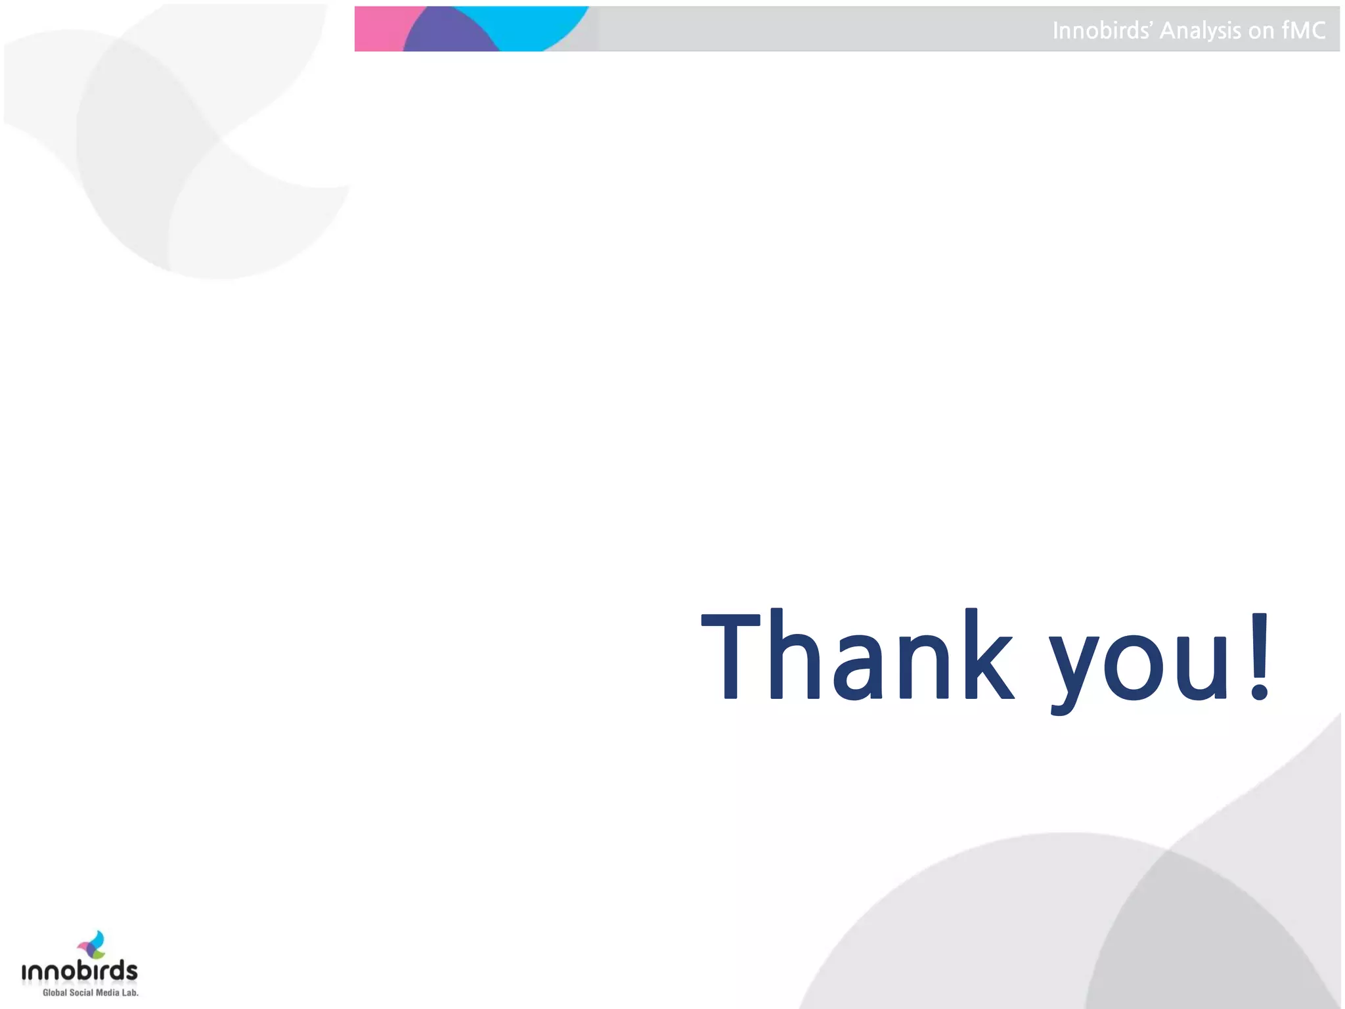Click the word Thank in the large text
point(857,657)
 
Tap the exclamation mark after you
point(1259,657)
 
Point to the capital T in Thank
point(730,657)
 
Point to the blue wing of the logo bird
point(99,938)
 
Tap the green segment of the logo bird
point(99,953)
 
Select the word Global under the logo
point(55,993)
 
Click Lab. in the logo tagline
point(130,993)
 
